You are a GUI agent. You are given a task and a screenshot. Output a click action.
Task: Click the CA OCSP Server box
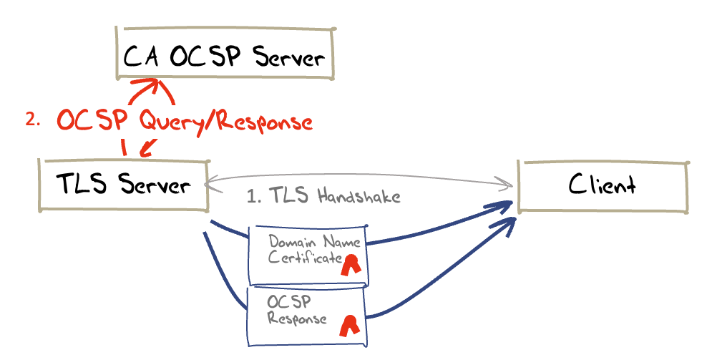coord(225,55)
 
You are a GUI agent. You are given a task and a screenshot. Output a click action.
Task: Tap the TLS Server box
coord(123,185)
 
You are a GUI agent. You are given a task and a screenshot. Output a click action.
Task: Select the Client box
coord(603,186)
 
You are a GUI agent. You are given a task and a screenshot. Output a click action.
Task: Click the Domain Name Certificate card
coord(307,254)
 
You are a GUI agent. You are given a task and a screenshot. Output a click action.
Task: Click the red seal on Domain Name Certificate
coord(351,265)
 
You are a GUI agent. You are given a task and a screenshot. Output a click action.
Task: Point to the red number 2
coord(32,120)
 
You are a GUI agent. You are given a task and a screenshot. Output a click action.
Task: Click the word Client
coord(603,186)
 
